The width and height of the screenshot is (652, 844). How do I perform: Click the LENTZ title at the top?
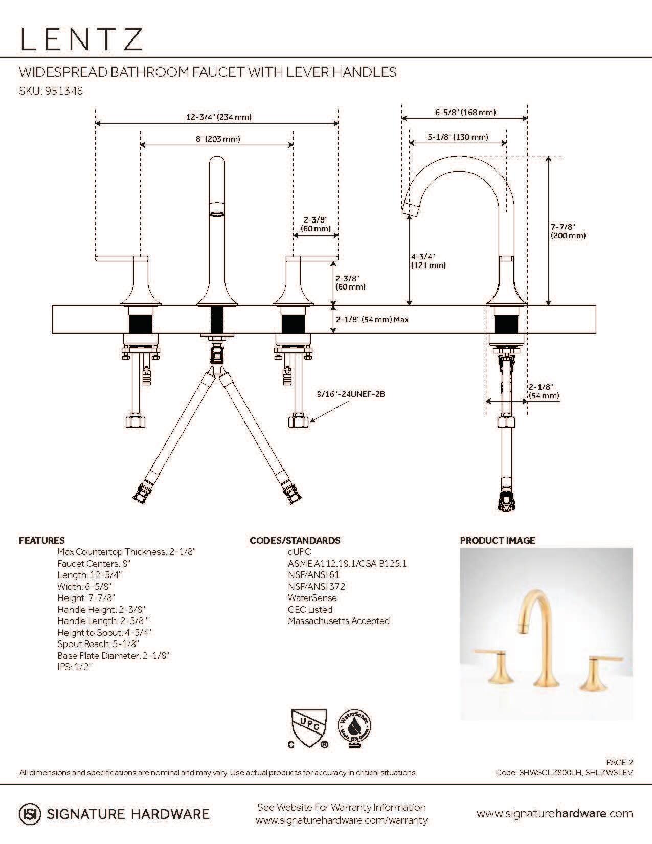pyautogui.click(x=81, y=39)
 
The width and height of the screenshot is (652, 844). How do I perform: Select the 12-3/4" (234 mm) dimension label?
pyautogui.click(x=218, y=117)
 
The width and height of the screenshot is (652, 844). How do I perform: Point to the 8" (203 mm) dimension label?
pyautogui.click(x=218, y=139)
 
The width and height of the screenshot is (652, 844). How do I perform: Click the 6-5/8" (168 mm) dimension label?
pyautogui.click(x=465, y=112)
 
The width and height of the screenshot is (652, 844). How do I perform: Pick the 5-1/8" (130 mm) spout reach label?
pyautogui.click(x=458, y=137)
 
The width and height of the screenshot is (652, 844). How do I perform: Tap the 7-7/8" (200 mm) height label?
pyautogui.click(x=568, y=231)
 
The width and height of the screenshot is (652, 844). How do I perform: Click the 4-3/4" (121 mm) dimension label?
pyautogui.click(x=428, y=261)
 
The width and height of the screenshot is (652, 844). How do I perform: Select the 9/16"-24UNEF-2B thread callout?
pyautogui.click(x=350, y=394)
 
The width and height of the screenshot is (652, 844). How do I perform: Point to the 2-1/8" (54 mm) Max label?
pyautogui.click(x=372, y=319)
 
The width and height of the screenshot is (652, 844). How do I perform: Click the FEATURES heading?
pyautogui.click(x=42, y=540)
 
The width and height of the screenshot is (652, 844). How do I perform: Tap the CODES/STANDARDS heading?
pyautogui.click(x=295, y=540)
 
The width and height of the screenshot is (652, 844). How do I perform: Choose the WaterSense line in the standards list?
pyautogui.click(x=312, y=598)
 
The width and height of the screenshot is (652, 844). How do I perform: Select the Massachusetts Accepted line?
pyautogui.click(x=339, y=621)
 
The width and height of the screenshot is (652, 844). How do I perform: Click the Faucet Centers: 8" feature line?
pyautogui.click(x=94, y=563)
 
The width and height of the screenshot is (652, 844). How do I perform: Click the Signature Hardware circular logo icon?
pyautogui.click(x=30, y=814)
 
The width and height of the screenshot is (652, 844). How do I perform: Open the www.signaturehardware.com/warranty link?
pyautogui.click(x=341, y=820)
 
